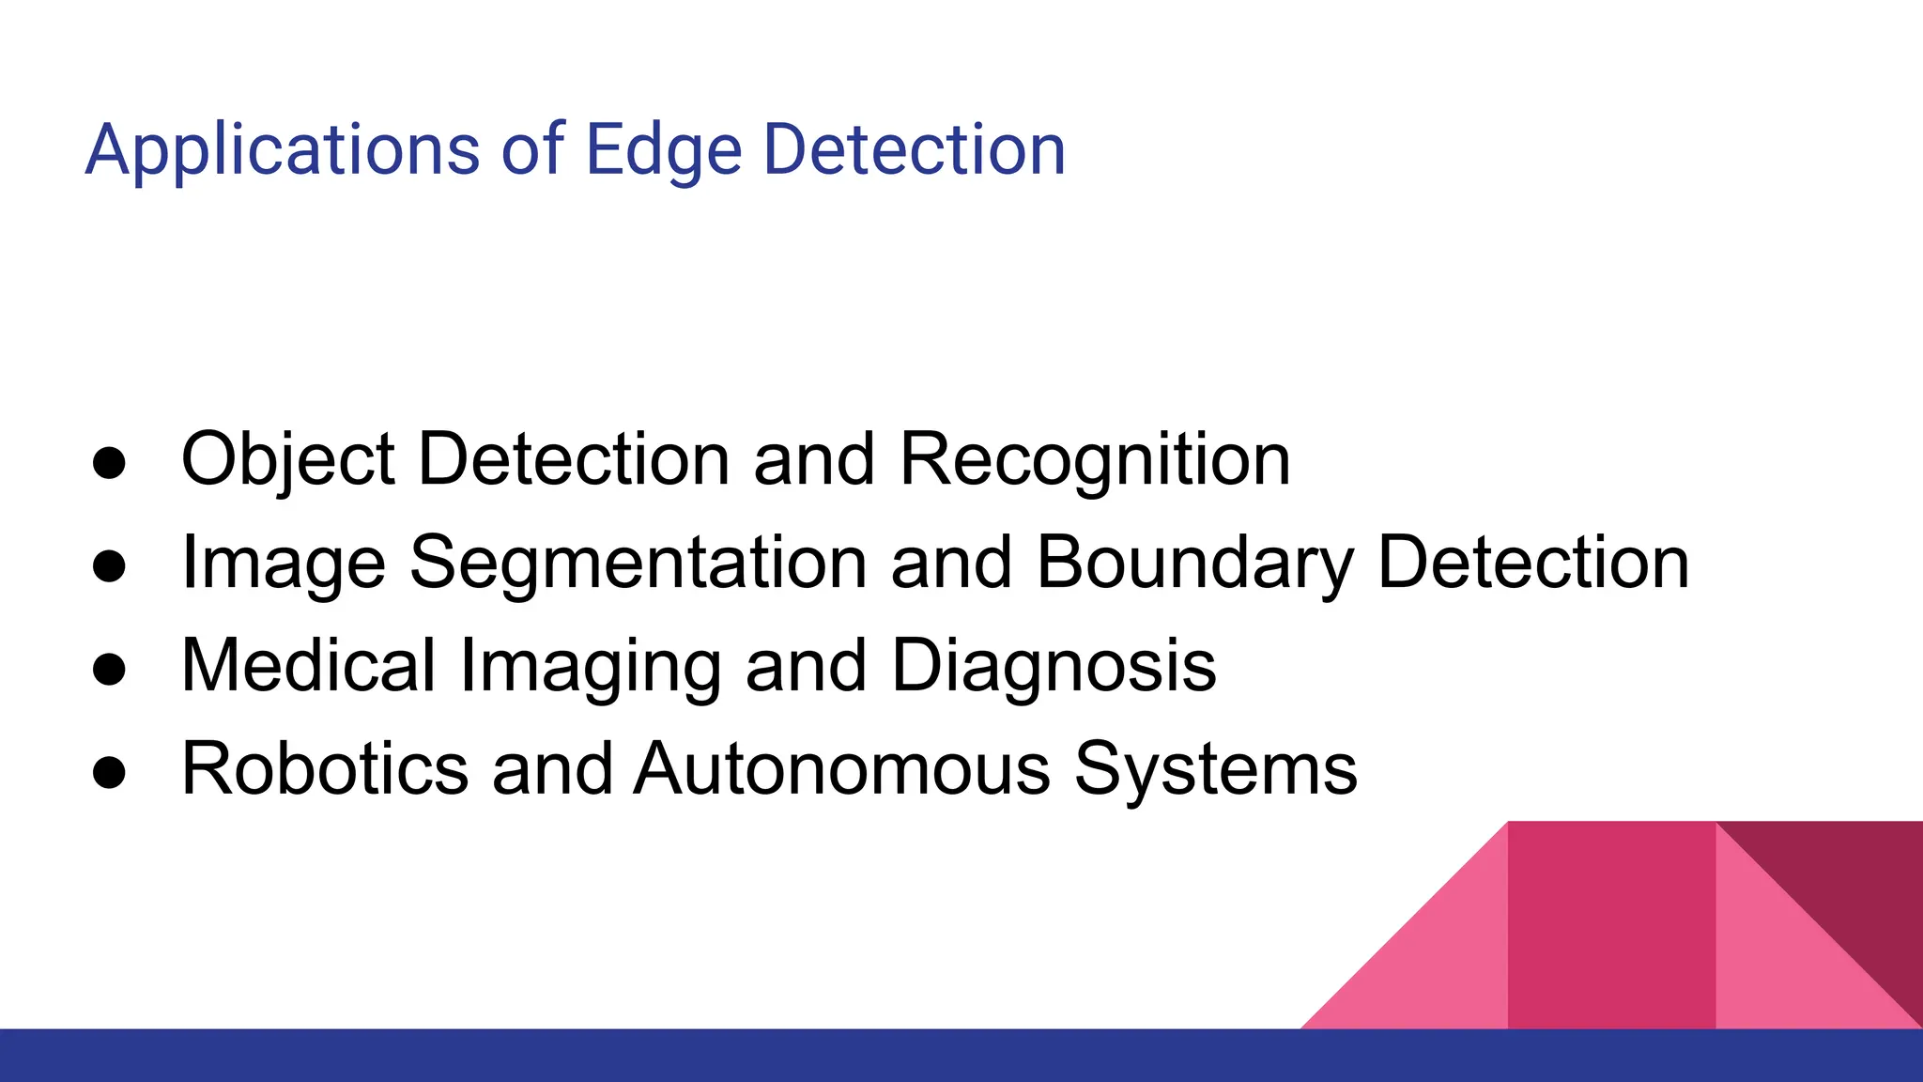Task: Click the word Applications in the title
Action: [282, 150]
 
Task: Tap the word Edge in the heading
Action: [663, 150]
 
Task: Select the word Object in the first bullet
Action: [287, 460]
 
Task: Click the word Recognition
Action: [1095, 460]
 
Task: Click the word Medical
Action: [308, 666]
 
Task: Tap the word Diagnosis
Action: [1054, 666]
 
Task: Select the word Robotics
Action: [324, 769]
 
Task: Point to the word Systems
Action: [1215, 769]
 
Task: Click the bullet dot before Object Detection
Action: [110, 464]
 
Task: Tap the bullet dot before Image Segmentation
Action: [110, 567]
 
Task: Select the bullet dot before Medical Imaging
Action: [110, 671]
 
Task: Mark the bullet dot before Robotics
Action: [110, 773]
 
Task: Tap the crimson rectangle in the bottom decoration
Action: [1611, 925]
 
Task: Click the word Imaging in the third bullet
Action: [590, 666]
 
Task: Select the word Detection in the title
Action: [914, 150]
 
